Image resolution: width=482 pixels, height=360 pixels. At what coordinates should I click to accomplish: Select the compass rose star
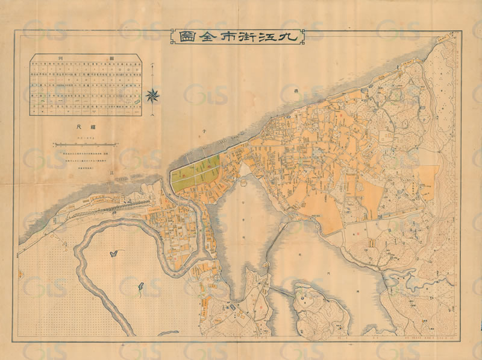(153, 94)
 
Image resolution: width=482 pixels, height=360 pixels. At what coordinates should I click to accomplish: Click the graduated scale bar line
(84, 144)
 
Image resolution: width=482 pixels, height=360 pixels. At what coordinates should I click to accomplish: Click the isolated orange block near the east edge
(427, 181)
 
